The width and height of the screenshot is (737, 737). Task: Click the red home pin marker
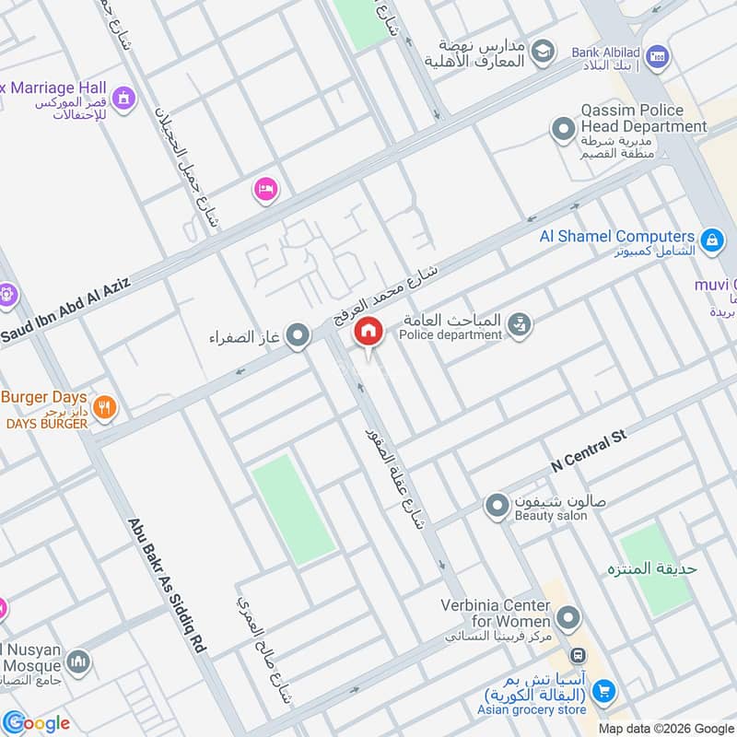[368, 331]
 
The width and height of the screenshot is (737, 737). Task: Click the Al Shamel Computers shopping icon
[711, 241]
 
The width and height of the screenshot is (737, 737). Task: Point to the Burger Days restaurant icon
[105, 406]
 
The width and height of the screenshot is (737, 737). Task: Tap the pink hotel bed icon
[265, 189]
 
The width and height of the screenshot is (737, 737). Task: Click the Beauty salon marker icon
[497, 506]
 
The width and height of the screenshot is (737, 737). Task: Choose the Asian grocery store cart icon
[603, 689]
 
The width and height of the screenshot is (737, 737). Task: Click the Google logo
[36, 722]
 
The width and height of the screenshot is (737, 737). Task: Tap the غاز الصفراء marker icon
[298, 336]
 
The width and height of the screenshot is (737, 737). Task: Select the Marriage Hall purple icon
[123, 97]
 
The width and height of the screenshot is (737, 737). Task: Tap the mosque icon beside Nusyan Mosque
[79, 661]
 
